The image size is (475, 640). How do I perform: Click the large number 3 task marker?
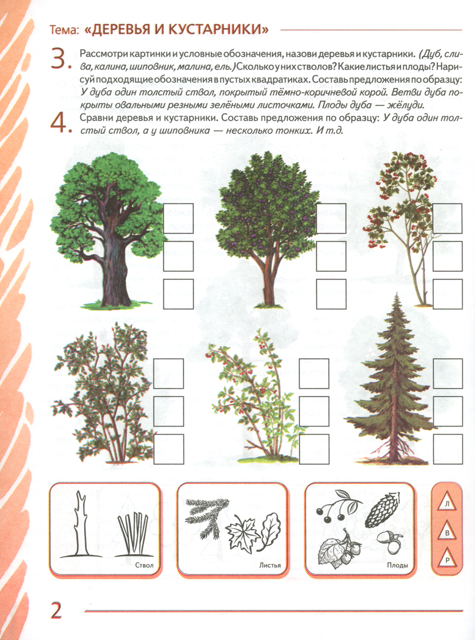pyautogui.click(x=59, y=58)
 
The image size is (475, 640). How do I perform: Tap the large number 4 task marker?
pyautogui.click(x=59, y=123)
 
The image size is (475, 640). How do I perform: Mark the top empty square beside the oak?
pyautogui.click(x=178, y=218)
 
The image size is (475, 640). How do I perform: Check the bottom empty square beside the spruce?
pyautogui.click(x=448, y=449)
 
